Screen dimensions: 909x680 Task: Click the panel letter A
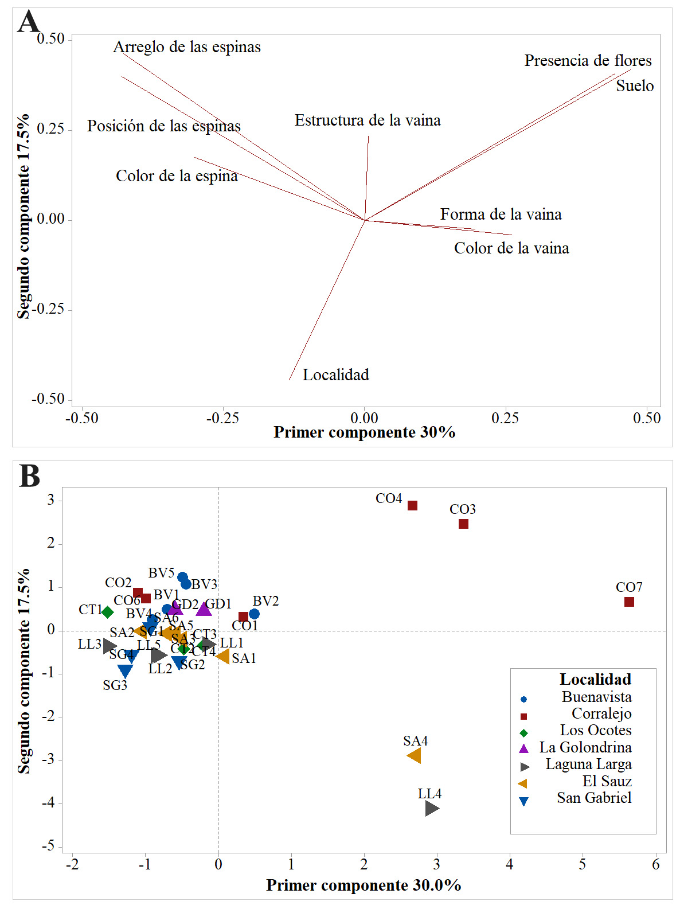click(29, 23)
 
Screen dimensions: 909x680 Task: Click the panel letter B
click(30, 476)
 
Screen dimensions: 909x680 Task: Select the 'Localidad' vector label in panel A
click(336, 375)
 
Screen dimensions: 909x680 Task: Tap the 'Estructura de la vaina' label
click(368, 120)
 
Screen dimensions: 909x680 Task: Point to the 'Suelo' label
click(635, 86)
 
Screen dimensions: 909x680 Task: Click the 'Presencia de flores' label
click(588, 61)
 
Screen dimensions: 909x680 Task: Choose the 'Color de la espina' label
click(177, 176)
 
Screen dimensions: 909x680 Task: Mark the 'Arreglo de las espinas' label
click(187, 47)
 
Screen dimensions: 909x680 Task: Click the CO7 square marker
click(629, 602)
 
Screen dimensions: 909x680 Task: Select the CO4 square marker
click(412, 505)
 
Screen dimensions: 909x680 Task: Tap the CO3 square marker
click(464, 524)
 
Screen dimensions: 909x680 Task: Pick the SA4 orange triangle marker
click(415, 756)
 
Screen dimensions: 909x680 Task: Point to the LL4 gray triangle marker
click(432, 809)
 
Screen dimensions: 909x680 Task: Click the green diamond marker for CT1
click(107, 612)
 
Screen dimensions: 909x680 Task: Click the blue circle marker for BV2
click(254, 614)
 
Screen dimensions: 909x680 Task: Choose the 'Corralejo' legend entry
click(601, 714)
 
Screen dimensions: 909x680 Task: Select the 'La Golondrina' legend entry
click(585, 748)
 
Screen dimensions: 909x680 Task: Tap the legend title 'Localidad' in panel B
click(595, 680)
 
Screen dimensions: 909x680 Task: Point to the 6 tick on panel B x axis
click(655, 864)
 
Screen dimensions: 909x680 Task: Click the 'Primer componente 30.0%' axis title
click(364, 885)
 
